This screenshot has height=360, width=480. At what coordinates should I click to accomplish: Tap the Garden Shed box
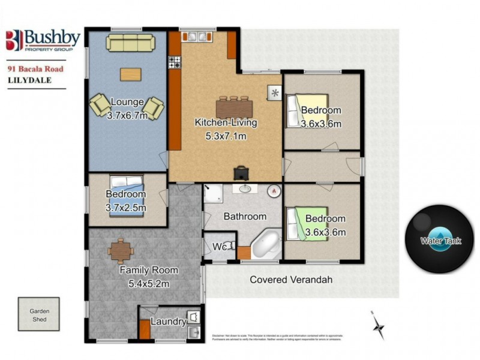point(38,315)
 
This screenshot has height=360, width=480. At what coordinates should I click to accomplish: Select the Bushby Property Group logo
point(43,40)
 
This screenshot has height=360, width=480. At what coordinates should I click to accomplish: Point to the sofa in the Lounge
point(130,43)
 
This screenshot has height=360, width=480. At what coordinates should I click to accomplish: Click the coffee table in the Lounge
point(131,74)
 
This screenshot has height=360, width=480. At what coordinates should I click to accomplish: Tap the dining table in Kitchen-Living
point(234,108)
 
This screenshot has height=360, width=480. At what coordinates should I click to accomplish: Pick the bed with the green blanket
point(307,224)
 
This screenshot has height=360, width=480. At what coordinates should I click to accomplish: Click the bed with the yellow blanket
point(307,110)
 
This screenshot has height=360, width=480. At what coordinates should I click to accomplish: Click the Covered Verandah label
point(291,280)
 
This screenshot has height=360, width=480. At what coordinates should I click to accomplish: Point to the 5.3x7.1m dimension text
point(226,136)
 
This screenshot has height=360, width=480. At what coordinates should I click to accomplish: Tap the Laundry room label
point(168,322)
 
